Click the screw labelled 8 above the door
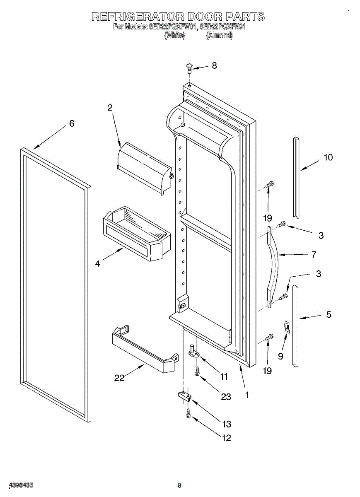190,67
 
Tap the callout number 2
110,108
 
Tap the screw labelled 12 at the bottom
188,413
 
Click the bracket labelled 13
184,396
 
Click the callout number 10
328,157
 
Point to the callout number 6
72,123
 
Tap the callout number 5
329,315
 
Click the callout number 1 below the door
247,395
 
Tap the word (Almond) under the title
220,36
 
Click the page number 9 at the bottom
179,485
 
